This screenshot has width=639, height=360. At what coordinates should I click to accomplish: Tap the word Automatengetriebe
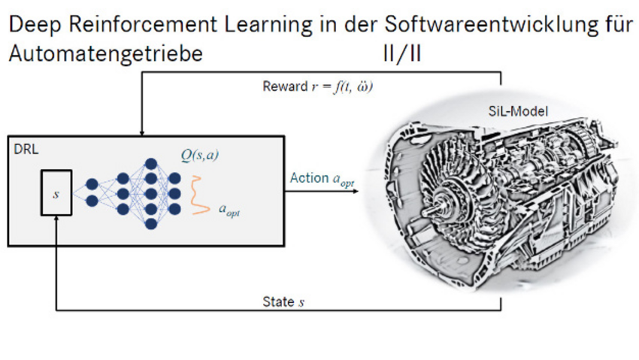pyautogui.click(x=105, y=54)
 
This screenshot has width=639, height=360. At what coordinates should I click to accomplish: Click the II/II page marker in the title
pyautogui.click(x=402, y=53)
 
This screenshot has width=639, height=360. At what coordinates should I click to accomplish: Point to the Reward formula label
pyautogui.click(x=317, y=86)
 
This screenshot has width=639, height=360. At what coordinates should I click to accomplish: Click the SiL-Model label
pyautogui.click(x=518, y=111)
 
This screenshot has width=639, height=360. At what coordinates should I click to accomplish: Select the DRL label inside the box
pyautogui.click(x=26, y=150)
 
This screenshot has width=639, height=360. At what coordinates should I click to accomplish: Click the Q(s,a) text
pyautogui.click(x=200, y=155)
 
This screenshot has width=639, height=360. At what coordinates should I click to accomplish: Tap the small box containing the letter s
pyautogui.click(x=56, y=193)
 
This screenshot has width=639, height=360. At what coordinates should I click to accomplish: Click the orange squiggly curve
pyautogui.click(x=200, y=195)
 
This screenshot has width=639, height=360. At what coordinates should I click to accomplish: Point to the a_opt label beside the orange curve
pyautogui.click(x=229, y=210)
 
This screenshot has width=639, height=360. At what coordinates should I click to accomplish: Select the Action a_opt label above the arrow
pyautogui.click(x=322, y=179)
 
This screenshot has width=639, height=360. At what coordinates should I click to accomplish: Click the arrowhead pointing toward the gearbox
pyautogui.click(x=356, y=191)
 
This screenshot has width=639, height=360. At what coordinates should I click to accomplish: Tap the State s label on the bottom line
pyautogui.click(x=283, y=302)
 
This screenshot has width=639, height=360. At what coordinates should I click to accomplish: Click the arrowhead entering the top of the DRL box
pyautogui.click(x=142, y=133)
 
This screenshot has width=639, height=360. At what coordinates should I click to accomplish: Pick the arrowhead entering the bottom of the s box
pyautogui.click(x=56, y=219)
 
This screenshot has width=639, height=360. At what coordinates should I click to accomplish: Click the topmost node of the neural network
pyautogui.click(x=151, y=164)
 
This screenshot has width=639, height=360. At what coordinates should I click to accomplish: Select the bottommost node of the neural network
pyautogui.click(x=151, y=223)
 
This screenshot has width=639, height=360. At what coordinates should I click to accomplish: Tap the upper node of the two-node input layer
pyautogui.click(x=92, y=184)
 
